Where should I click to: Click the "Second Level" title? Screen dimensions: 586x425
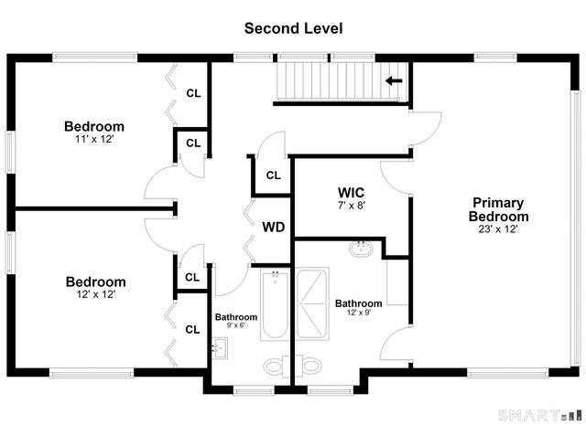[x=293, y=28]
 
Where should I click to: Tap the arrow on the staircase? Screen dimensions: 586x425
[x=394, y=80]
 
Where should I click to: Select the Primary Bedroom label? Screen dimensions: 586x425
[x=498, y=209]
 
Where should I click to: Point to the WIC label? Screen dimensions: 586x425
[x=351, y=193]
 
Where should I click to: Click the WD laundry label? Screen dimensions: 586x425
[x=274, y=227]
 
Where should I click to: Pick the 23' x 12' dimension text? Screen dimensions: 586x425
[x=498, y=229]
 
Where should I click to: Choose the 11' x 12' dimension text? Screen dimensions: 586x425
[x=94, y=139]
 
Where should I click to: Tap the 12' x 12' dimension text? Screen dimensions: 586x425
[x=95, y=294]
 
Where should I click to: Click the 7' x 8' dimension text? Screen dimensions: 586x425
[x=352, y=206]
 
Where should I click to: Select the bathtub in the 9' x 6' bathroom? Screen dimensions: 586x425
[x=275, y=305]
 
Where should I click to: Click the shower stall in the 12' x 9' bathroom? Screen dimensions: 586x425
[x=312, y=303]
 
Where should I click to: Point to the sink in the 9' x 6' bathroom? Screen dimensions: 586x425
[x=220, y=348]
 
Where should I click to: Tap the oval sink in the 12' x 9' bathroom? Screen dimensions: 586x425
[x=362, y=249]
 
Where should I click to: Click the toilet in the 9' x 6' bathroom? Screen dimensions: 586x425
[x=277, y=366]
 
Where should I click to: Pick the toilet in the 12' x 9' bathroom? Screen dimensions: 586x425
[x=309, y=366]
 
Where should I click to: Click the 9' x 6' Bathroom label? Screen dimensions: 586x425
[x=236, y=317]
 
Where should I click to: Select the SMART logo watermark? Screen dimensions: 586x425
[x=540, y=415]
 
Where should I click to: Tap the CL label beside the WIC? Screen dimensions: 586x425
[x=273, y=175]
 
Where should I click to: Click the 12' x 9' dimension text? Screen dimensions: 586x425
[x=359, y=313]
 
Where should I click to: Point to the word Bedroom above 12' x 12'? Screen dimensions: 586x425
[x=95, y=282]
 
